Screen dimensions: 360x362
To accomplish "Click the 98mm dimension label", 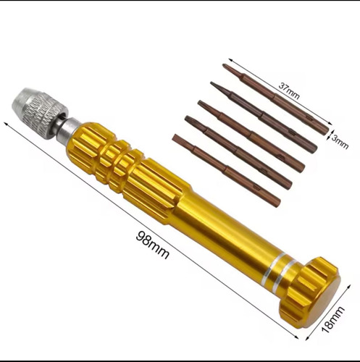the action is point(152,245).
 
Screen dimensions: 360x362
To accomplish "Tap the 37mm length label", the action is point(289,90).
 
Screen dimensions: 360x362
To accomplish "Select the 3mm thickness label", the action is point(340,142).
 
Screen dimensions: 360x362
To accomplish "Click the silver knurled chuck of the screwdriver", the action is point(38,111).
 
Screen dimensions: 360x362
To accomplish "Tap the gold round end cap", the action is point(310,292).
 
